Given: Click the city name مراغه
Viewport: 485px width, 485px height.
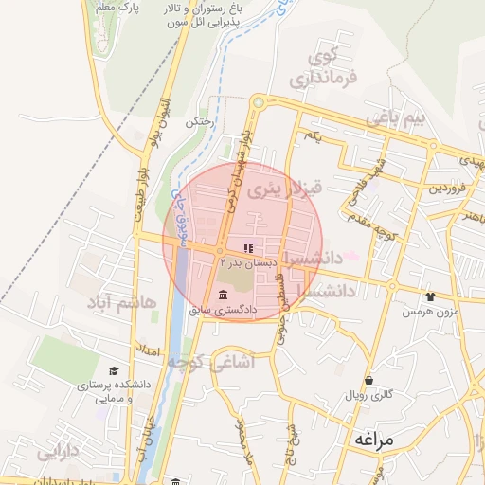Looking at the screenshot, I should pos(378,440).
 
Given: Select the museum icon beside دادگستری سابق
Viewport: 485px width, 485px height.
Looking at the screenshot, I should pos(224,293).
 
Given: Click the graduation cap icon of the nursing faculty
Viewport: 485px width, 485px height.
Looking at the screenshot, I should pos(115,371).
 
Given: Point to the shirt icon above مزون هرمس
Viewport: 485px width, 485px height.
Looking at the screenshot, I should pos(432,296).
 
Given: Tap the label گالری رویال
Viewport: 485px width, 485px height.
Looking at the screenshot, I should pos(368,392).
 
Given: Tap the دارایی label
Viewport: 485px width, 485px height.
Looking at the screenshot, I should pos(59,453).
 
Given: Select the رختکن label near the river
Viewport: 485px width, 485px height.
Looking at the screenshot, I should pos(198,123).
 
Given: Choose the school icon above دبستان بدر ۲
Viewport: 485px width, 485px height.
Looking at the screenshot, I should pos(235,248).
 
